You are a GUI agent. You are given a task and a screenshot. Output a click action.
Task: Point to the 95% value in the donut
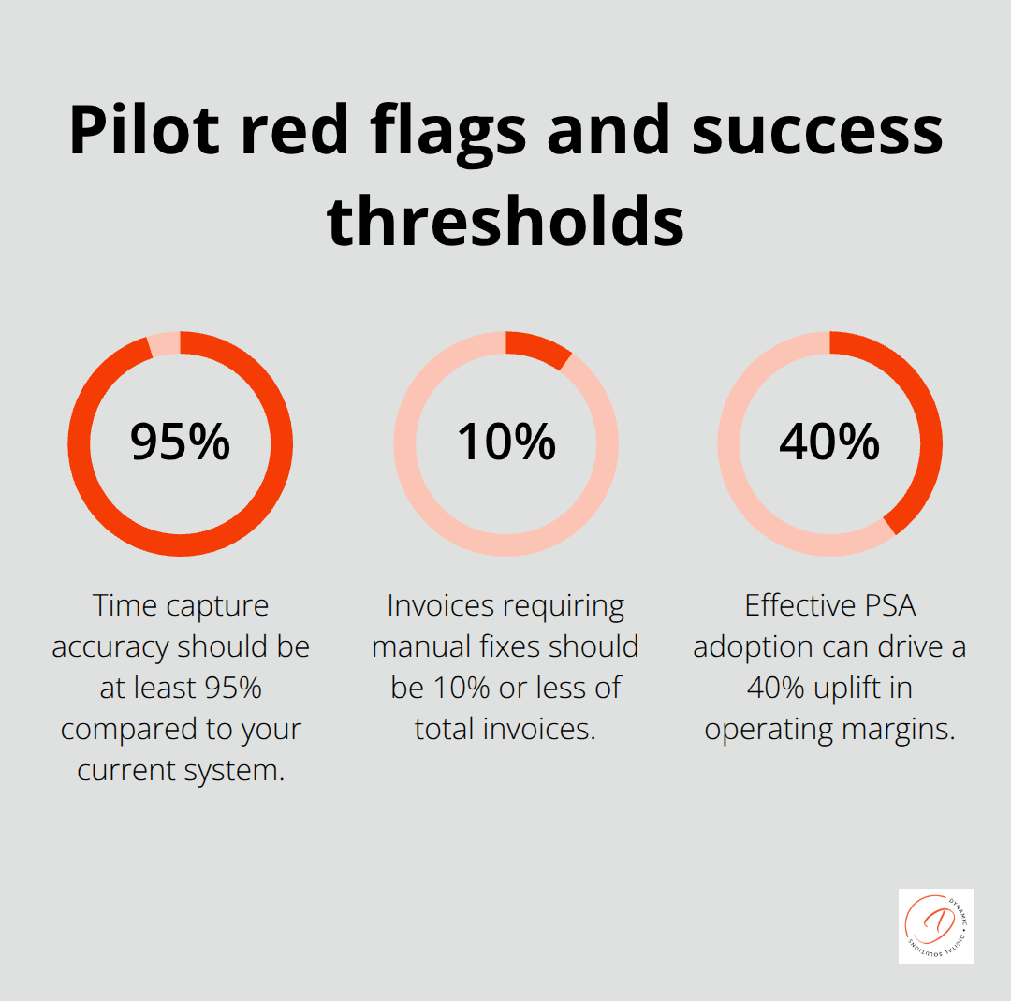[x=180, y=442]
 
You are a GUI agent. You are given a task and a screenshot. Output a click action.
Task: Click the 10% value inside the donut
[x=505, y=442]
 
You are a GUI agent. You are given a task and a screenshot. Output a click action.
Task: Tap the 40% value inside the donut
[x=829, y=442]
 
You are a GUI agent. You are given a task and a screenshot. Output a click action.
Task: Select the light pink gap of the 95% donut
[x=165, y=343]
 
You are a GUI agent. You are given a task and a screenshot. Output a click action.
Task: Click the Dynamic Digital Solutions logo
[x=935, y=925]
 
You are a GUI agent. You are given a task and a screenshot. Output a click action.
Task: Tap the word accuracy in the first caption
[x=113, y=647]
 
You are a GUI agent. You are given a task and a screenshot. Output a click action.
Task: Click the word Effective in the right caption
[x=796, y=606]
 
